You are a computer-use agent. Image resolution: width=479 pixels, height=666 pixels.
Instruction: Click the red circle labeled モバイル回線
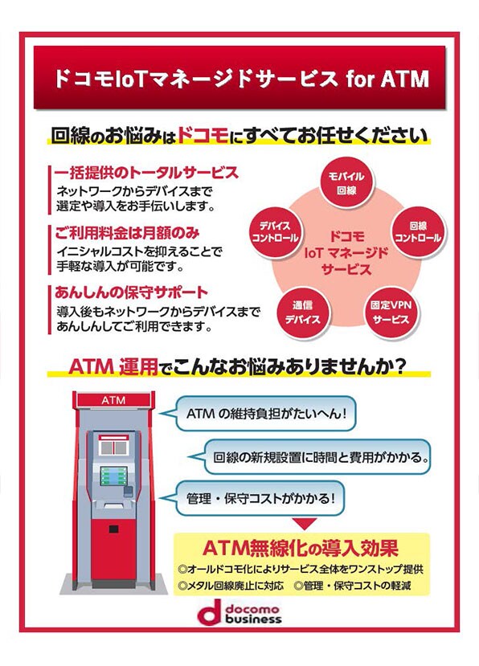[x=347, y=183]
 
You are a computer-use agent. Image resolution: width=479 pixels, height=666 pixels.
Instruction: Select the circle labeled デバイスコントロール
[x=275, y=232]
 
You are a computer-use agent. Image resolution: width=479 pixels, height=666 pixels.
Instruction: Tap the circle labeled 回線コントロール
[x=418, y=232]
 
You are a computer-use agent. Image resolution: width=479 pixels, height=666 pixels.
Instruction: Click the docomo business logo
[x=239, y=612]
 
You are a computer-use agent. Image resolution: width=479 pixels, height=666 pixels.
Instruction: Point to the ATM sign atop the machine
[x=114, y=400]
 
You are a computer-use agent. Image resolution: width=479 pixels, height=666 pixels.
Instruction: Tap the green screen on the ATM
[x=113, y=476]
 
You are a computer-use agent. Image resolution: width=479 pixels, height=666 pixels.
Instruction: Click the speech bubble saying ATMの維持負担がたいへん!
[x=260, y=413]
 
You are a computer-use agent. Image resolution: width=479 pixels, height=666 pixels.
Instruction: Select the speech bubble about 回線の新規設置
[x=311, y=457]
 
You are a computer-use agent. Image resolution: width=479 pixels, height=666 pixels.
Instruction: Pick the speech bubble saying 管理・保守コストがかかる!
[x=255, y=498]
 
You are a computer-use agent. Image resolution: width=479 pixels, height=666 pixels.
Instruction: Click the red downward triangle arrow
[x=305, y=524]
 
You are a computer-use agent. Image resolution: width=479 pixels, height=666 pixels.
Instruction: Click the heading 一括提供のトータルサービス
[x=146, y=173]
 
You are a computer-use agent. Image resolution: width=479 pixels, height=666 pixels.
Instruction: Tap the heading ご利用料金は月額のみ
[x=127, y=233]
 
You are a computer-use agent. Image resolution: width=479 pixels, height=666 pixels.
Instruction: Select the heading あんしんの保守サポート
[x=131, y=292]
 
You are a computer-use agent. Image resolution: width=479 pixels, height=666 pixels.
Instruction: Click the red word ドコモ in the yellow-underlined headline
[x=203, y=135]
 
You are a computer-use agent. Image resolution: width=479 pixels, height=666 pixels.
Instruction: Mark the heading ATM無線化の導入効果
[x=301, y=548]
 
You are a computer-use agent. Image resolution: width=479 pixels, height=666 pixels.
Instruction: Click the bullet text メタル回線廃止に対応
[x=231, y=586]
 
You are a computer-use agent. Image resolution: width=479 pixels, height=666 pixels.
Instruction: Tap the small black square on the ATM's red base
[x=113, y=529]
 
